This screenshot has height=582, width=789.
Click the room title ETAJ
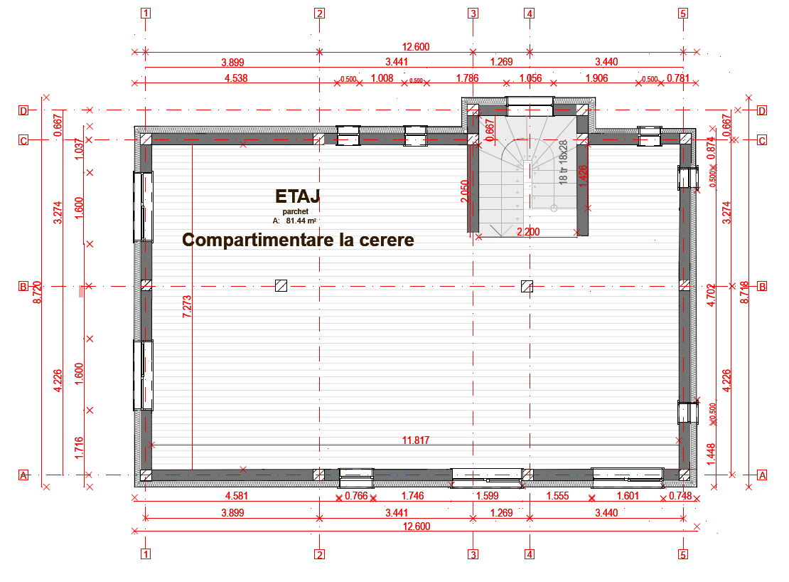298,196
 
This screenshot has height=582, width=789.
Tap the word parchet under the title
294,211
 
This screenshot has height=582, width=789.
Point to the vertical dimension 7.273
186,305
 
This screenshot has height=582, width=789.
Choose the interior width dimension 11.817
416,440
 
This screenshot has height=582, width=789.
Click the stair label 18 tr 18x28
564,163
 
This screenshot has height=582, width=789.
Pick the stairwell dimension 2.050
465,191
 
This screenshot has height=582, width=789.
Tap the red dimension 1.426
584,176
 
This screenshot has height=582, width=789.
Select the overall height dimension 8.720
38,292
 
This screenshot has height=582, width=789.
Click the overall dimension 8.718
744,292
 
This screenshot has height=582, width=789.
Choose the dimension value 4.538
236,78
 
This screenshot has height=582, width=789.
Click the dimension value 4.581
236,496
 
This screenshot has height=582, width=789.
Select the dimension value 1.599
488,496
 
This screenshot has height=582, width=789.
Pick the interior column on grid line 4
527,286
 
